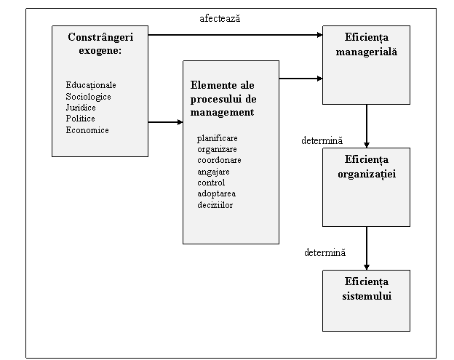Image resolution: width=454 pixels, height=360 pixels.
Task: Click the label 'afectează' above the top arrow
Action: point(220,18)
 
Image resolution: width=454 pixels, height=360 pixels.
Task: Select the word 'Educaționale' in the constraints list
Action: point(91,85)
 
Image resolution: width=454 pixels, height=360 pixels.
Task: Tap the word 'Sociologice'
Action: point(88,97)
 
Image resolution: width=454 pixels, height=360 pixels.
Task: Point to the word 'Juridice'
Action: point(81,108)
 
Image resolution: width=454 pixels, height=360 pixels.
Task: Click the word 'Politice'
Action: point(80,119)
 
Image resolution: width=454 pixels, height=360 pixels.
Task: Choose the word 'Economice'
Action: point(87,130)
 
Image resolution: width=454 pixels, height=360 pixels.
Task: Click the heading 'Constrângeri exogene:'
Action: point(100,44)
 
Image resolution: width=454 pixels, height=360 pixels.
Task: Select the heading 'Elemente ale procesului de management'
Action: point(223,99)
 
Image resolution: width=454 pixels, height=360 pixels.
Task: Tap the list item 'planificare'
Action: point(217,138)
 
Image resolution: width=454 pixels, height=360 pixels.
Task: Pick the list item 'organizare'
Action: point(217,149)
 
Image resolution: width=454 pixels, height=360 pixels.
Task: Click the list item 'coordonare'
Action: point(219,160)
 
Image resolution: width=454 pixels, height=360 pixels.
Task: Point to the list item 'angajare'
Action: point(213,172)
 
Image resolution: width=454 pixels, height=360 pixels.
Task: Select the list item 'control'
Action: point(211,183)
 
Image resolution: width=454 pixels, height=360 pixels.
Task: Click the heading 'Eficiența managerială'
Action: point(367,44)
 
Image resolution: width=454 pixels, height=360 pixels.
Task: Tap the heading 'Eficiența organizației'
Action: point(367,167)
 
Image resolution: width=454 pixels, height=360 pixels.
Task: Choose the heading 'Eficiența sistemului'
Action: point(367,289)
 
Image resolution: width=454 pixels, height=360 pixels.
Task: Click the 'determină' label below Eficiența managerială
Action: point(322,140)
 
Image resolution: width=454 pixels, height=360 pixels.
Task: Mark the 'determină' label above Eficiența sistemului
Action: point(325,252)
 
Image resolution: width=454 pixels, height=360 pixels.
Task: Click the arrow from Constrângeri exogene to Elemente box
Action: point(166,122)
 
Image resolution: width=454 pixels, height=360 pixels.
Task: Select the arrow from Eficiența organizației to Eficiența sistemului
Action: point(367,248)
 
